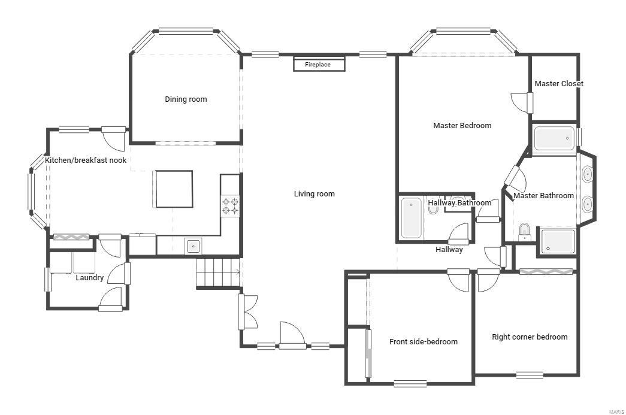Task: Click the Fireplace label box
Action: [x=319, y=64]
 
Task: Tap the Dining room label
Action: [x=186, y=99]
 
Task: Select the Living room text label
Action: [x=314, y=194]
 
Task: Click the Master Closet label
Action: [x=558, y=84]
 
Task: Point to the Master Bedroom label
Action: [x=462, y=126]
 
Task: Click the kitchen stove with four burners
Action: [x=231, y=206]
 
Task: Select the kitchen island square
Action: [x=174, y=189]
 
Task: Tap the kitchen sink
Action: [x=193, y=246]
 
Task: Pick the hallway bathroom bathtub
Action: [x=412, y=219]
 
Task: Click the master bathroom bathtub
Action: [x=554, y=138]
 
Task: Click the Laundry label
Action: [x=89, y=278]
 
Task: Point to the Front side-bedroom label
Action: [x=423, y=342]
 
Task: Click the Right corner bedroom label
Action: [x=529, y=337]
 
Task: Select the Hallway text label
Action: [x=449, y=250]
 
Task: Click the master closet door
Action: [x=522, y=102]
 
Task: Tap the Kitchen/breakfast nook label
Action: [x=86, y=160]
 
